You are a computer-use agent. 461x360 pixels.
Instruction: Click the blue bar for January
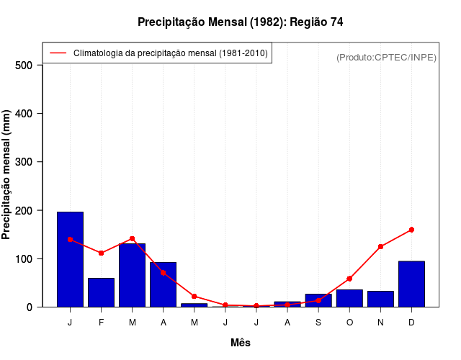coord(70,259)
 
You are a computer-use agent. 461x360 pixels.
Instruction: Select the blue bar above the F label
coord(101,292)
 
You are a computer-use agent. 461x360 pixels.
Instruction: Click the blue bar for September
coord(318,300)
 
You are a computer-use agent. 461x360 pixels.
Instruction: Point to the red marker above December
coord(411,230)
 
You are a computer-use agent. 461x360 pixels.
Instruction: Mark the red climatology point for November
coord(380,246)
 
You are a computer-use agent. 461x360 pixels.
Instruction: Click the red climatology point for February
coord(101,253)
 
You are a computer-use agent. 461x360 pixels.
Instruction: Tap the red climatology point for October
coord(349,279)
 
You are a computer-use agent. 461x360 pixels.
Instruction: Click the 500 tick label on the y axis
coord(24,66)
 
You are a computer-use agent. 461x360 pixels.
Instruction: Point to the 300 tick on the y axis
coord(24,162)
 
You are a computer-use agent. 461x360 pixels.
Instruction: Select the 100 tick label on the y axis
coord(24,258)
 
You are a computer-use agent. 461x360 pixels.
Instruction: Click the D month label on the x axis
coord(411,323)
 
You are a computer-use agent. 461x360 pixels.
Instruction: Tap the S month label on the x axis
coord(318,323)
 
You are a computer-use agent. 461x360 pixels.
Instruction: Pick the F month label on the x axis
coord(101,323)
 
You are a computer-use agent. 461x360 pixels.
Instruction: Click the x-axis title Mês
coord(241,343)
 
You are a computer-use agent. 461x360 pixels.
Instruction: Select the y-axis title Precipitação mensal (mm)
coord(7,175)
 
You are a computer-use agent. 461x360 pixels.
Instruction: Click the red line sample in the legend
coord(58,53)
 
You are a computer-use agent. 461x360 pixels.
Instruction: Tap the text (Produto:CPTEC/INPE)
coord(386,57)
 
